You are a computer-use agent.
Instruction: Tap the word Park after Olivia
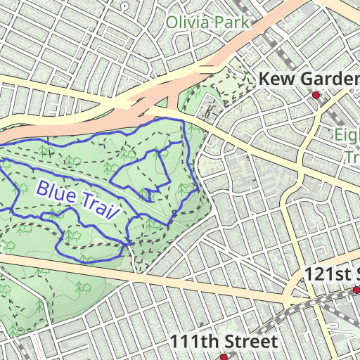[x=233, y=22]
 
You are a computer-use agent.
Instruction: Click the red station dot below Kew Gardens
[x=316, y=95]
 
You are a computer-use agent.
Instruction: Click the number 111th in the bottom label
[x=192, y=342]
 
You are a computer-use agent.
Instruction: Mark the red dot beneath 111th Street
[x=224, y=357]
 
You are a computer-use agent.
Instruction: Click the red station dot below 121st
[x=356, y=289]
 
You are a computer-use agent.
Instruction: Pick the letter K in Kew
[x=265, y=79]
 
